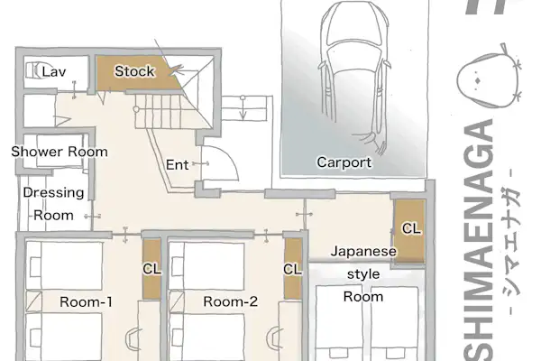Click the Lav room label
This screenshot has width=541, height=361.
(x=54, y=72)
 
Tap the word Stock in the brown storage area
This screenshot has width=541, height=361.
(x=134, y=71)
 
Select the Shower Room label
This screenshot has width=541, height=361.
(x=60, y=152)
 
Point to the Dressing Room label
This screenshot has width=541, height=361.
(x=53, y=204)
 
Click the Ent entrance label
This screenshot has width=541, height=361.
(x=177, y=165)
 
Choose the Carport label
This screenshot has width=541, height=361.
(x=344, y=162)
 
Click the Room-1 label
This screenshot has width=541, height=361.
(x=87, y=302)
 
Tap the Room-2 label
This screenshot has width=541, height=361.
(x=230, y=301)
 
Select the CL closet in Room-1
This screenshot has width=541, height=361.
(x=151, y=269)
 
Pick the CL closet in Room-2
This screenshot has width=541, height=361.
(x=292, y=269)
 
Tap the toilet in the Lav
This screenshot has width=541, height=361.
(x=34, y=70)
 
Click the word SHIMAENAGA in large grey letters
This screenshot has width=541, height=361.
(x=479, y=239)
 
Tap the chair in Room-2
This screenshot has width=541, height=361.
(x=275, y=339)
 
